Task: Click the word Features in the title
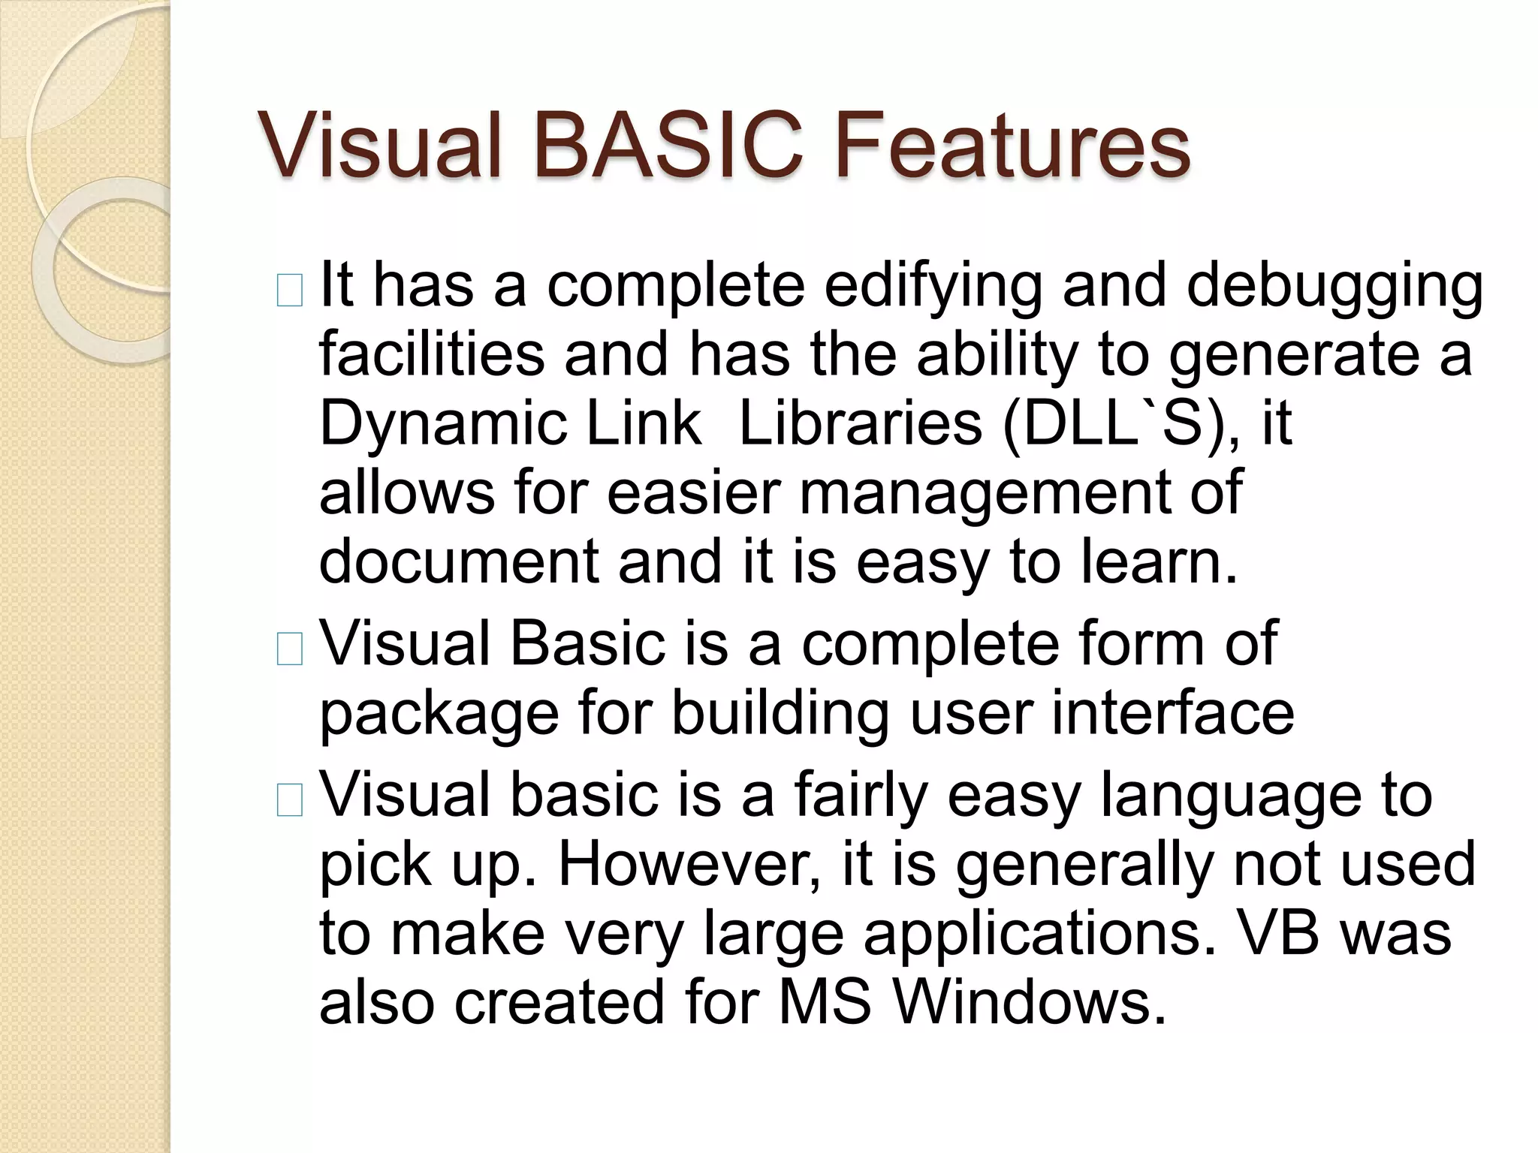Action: (1011, 146)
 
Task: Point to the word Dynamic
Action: (443, 425)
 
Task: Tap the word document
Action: (458, 562)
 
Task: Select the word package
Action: (439, 714)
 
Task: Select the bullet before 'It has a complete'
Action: (289, 291)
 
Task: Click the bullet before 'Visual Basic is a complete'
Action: (289, 649)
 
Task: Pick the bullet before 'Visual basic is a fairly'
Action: (289, 801)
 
